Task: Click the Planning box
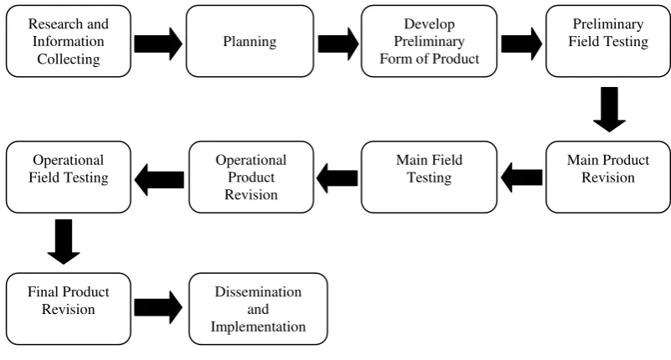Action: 250,41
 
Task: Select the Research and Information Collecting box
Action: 69,41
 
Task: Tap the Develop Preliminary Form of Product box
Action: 429,41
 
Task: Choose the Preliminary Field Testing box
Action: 608,41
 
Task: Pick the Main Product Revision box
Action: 608,177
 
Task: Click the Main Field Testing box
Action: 429,177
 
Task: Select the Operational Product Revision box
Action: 251,177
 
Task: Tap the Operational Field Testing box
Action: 69,177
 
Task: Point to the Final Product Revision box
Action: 69,309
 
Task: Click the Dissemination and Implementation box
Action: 258,309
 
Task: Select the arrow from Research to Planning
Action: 158,44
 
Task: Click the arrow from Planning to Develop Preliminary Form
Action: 338,44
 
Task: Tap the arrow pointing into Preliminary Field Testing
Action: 522,44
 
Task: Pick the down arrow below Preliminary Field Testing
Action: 609,110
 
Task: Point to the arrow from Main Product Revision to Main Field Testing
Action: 521,177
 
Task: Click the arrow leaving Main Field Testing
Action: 338,177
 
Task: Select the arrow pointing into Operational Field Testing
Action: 159,179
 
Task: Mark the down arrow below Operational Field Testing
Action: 64,242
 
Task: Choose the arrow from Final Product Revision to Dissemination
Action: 158,307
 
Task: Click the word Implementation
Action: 258,327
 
